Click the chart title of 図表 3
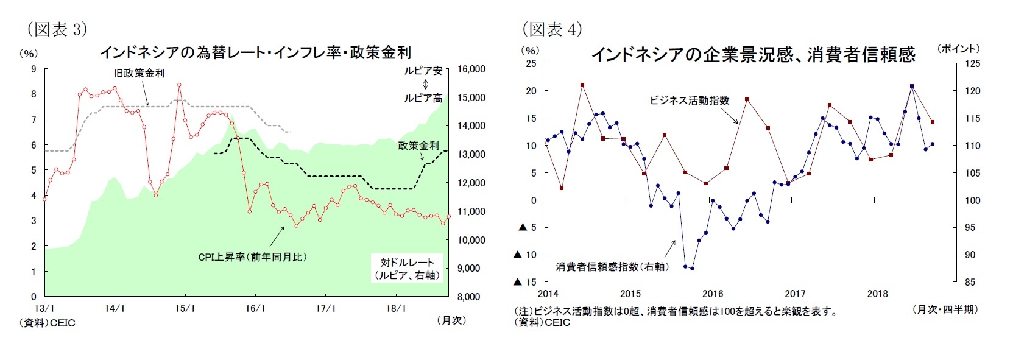coord(255,52)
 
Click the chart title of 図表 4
coord(753,55)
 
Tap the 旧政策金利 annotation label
coord(139,73)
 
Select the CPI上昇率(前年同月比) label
coord(252,257)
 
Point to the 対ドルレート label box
coord(408,269)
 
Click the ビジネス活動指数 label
coord(689,101)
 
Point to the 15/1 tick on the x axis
coord(185,308)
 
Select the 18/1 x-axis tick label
coord(396,308)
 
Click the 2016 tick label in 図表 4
coord(713,294)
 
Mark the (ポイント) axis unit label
coord(958,49)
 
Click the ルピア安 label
coord(423,71)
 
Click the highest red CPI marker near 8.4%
coord(179,85)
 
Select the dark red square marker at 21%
coord(582,85)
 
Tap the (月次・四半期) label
coord(945,309)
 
